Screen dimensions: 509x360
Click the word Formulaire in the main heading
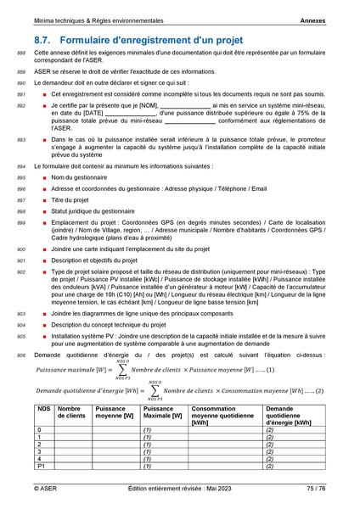pyautogui.click(x=91, y=40)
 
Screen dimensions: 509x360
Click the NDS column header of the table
pyautogui.click(x=43, y=408)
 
